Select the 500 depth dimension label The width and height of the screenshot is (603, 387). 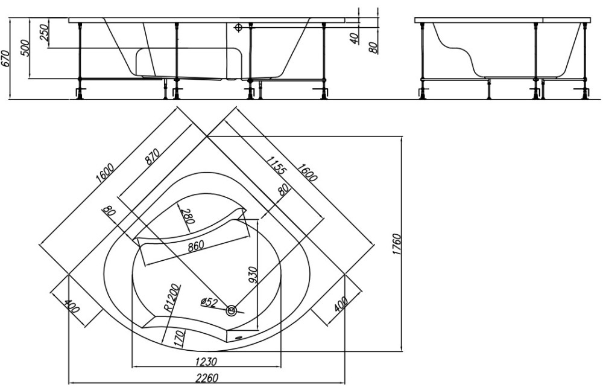coord(25,48)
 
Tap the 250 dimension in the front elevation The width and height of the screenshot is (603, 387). coord(44,33)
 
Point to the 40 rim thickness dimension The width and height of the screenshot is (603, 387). coord(355,37)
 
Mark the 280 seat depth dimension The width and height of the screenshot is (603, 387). coord(188,216)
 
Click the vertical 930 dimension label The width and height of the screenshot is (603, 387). coord(253,275)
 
